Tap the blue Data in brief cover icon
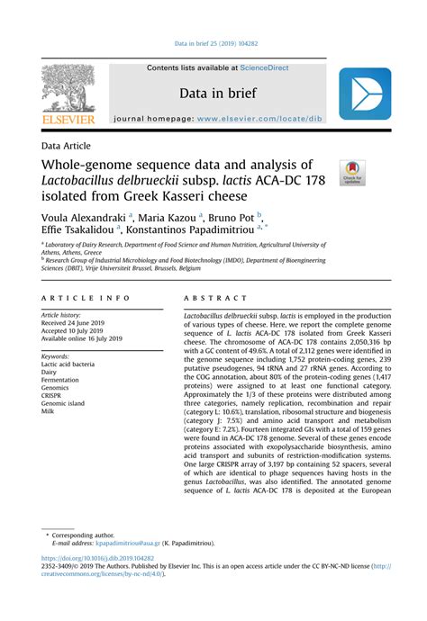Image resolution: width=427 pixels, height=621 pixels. coord(364,94)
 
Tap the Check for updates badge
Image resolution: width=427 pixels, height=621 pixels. coord(350,173)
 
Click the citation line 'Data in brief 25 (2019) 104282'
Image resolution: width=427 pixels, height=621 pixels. coord(213,43)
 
